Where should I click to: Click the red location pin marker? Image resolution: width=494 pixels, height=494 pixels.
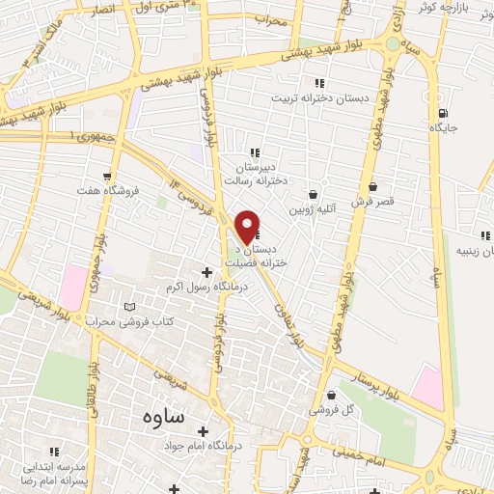(x=248, y=227)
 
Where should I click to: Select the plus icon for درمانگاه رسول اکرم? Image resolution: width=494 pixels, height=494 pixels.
(x=206, y=272)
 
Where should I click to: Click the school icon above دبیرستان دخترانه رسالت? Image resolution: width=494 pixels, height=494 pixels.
(x=255, y=152)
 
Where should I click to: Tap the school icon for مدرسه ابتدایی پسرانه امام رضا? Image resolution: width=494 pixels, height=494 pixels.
(x=54, y=452)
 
